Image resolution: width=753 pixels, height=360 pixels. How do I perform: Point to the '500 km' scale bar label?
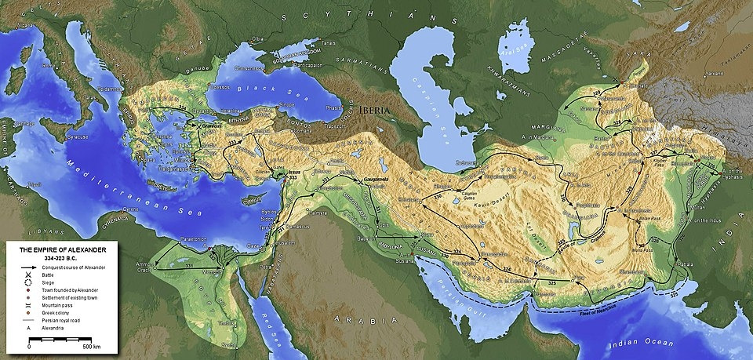click(x=93, y=346)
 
